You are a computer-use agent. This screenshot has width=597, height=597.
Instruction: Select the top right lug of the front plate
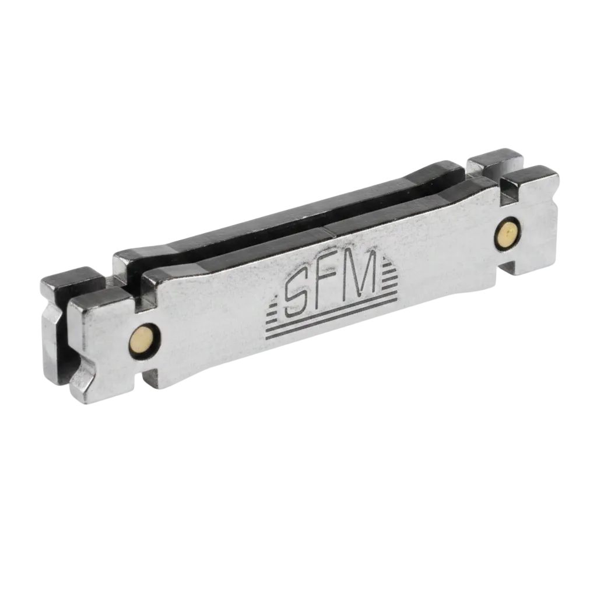click(531, 180)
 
